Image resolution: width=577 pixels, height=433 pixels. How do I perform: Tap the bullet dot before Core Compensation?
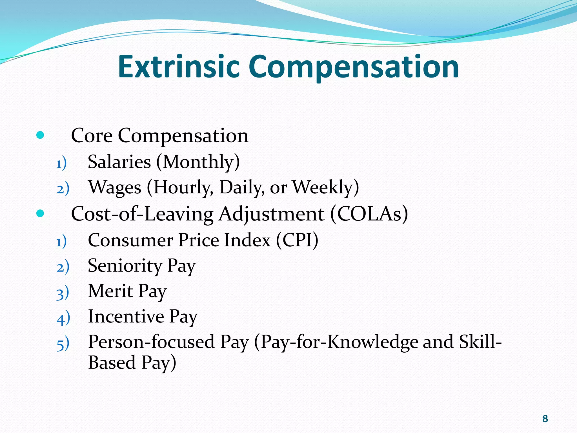(40, 135)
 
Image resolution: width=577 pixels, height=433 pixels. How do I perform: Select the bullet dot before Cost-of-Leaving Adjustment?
(40, 213)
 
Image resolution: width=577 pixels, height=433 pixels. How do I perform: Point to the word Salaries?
(119, 162)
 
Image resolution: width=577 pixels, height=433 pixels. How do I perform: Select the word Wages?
(115, 188)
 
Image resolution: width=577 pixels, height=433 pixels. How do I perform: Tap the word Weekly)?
(326, 187)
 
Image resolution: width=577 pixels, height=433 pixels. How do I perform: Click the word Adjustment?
(271, 214)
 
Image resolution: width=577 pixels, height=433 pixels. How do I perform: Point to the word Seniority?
(125, 266)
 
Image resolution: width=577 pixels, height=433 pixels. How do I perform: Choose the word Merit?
(110, 291)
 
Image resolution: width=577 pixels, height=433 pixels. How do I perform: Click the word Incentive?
(126, 316)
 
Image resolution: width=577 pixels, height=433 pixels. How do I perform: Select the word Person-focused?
(152, 342)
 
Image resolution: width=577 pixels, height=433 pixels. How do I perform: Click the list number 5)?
(63, 344)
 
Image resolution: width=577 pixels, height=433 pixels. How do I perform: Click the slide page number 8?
(545, 419)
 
